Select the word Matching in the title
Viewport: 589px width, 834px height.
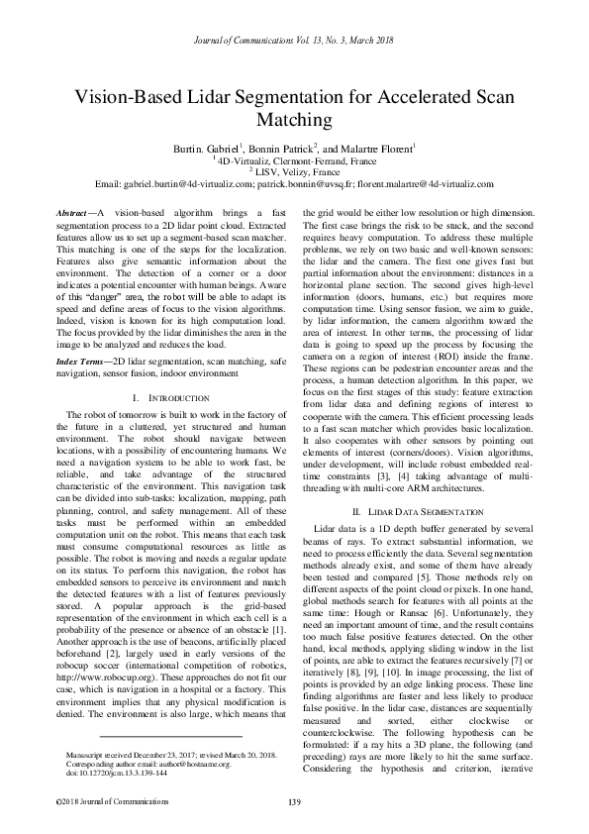294,120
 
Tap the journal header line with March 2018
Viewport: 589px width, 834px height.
294,41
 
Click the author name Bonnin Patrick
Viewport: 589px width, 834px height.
309,147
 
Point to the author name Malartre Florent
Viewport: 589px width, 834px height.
379,147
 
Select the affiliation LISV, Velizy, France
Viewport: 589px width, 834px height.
296,170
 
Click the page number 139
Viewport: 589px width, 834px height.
294,800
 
